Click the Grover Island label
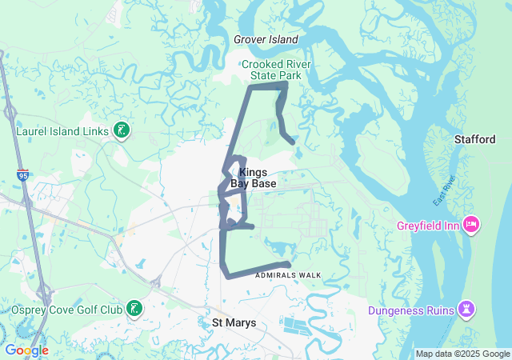(x=266, y=39)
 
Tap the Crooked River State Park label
(x=276, y=70)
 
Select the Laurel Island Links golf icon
(x=122, y=130)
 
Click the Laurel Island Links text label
(x=63, y=130)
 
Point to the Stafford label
(x=475, y=139)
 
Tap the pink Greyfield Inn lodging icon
(x=472, y=226)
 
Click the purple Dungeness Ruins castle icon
(x=466, y=310)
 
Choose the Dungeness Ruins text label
(x=410, y=310)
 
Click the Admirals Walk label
(x=288, y=275)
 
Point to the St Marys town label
(x=234, y=322)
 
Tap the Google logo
(x=26, y=350)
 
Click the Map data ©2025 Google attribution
(x=462, y=354)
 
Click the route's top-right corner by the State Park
(x=286, y=83)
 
